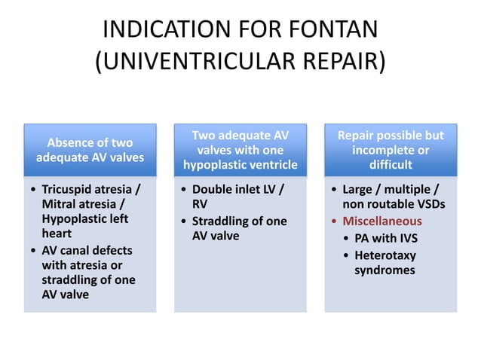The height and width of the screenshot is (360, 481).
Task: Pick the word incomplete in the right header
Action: pos(390,150)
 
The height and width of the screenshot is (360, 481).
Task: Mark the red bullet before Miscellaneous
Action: pos(334,221)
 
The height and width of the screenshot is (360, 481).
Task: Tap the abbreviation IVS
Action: pos(403,238)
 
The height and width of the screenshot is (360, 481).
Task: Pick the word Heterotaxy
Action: pos(384,255)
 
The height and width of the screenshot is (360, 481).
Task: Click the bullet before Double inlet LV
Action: pos(184,188)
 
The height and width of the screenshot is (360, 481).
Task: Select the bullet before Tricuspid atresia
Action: pos(32,188)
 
